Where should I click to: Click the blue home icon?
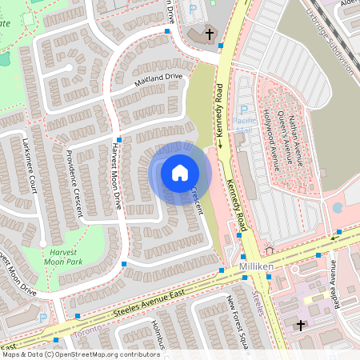(180, 173)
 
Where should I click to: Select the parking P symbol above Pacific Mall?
(244, 110)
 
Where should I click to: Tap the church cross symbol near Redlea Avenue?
(301, 326)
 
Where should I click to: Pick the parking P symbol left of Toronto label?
(43, 318)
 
